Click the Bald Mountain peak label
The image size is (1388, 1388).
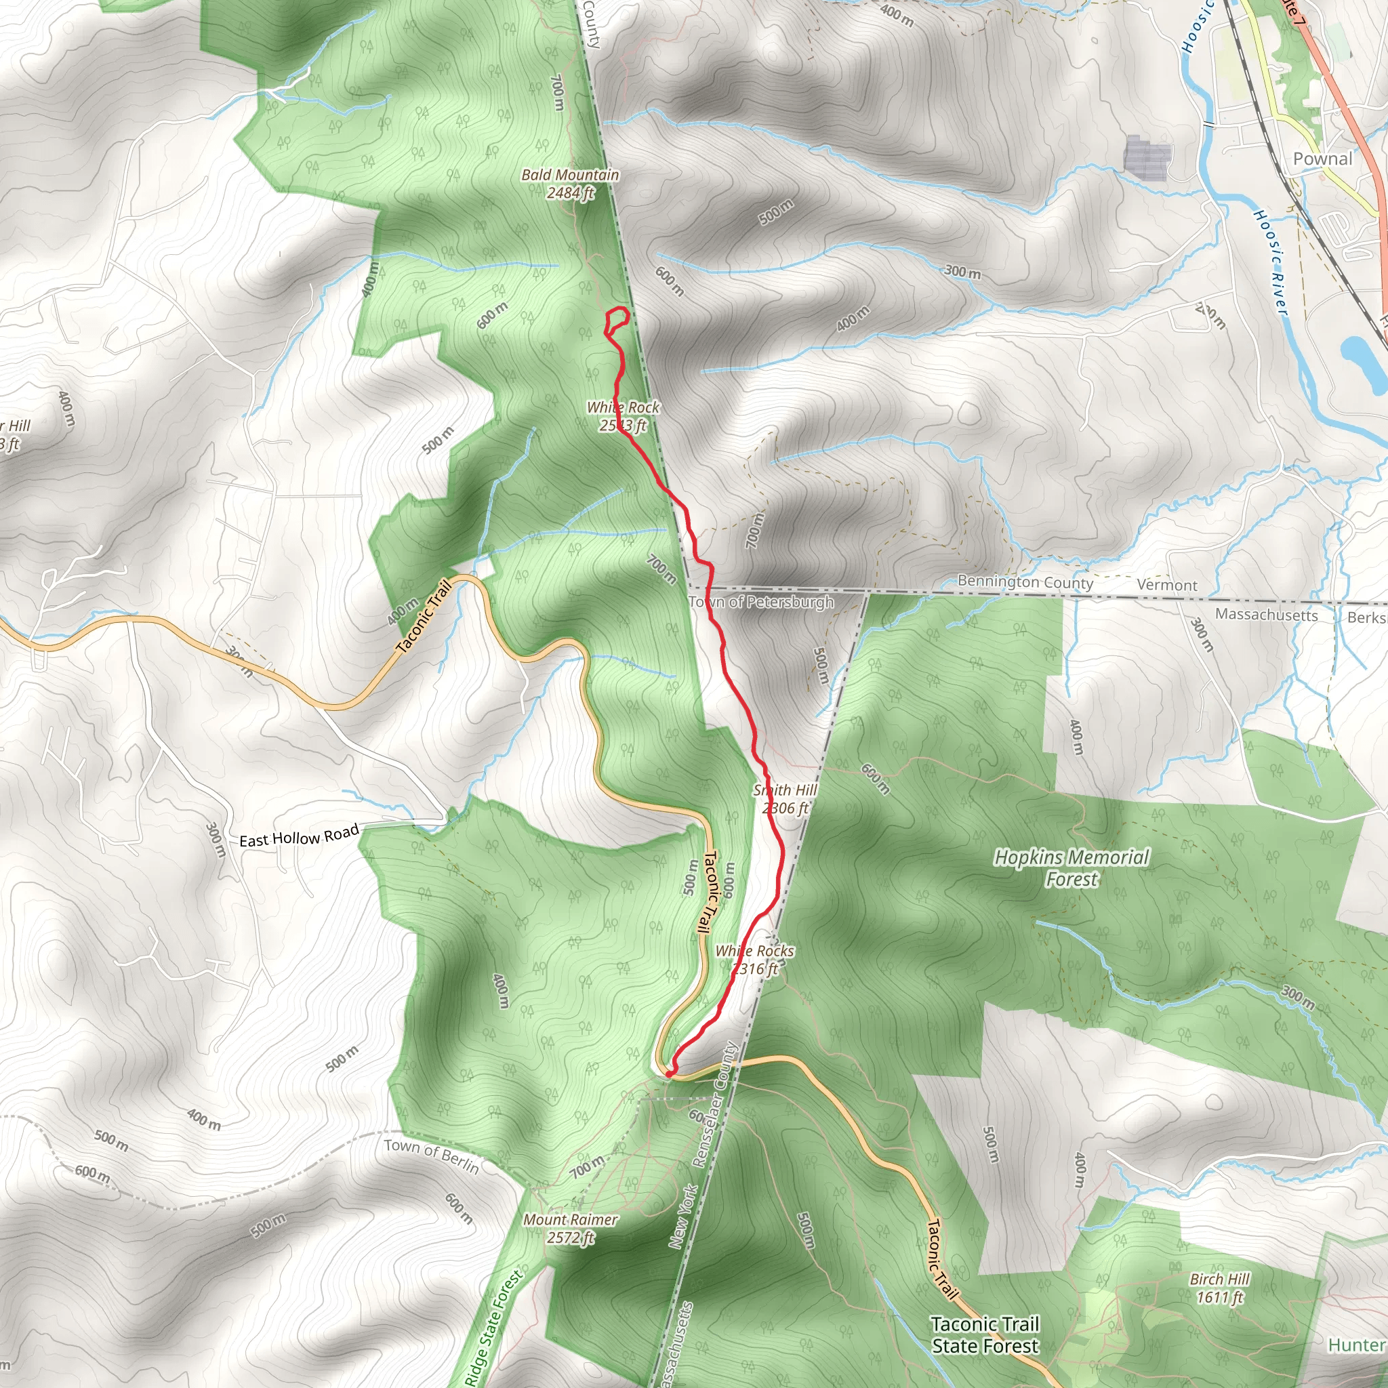[x=570, y=184]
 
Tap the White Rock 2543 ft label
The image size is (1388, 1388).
[x=623, y=416]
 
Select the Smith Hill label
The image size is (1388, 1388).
[x=785, y=799]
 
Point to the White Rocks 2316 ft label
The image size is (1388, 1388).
[x=754, y=959]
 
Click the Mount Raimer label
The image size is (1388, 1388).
[x=571, y=1229]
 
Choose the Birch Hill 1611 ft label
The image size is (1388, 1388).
[x=1219, y=1288]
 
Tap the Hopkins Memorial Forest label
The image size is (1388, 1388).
[x=1071, y=868]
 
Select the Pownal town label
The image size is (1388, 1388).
[x=1323, y=159]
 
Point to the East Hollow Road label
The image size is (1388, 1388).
[x=299, y=836]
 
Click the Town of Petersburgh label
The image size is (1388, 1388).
[x=761, y=601]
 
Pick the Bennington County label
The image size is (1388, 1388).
[x=1025, y=582]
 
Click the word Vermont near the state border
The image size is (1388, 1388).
[x=1167, y=585]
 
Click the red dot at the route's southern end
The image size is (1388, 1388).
[x=669, y=1074]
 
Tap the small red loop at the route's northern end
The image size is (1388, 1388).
[x=617, y=320]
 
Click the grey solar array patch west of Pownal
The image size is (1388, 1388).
[x=1147, y=156]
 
